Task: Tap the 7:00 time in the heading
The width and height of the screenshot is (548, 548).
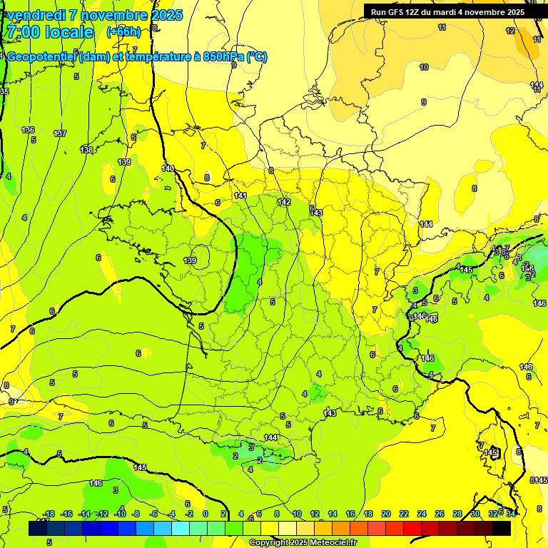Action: click(x=24, y=32)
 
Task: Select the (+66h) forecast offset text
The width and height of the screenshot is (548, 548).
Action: click(x=123, y=32)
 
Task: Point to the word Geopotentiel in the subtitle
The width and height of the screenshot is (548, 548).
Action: click(x=43, y=57)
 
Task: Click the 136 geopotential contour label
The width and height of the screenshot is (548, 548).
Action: click(x=29, y=130)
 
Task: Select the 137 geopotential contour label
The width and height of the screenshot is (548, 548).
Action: click(x=60, y=133)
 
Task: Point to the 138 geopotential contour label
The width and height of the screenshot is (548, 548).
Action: click(x=86, y=150)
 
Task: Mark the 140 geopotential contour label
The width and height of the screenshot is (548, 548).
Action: click(x=168, y=168)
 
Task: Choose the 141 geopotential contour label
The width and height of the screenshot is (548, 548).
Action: click(x=240, y=196)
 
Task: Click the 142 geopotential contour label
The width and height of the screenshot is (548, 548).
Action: click(x=284, y=203)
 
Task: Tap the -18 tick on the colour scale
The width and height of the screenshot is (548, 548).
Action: click(x=49, y=514)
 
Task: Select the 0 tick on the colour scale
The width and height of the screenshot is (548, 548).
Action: click(x=205, y=514)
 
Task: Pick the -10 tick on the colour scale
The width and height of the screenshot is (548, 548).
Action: click(x=120, y=514)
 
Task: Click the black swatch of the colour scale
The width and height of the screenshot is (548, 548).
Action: click(x=501, y=528)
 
